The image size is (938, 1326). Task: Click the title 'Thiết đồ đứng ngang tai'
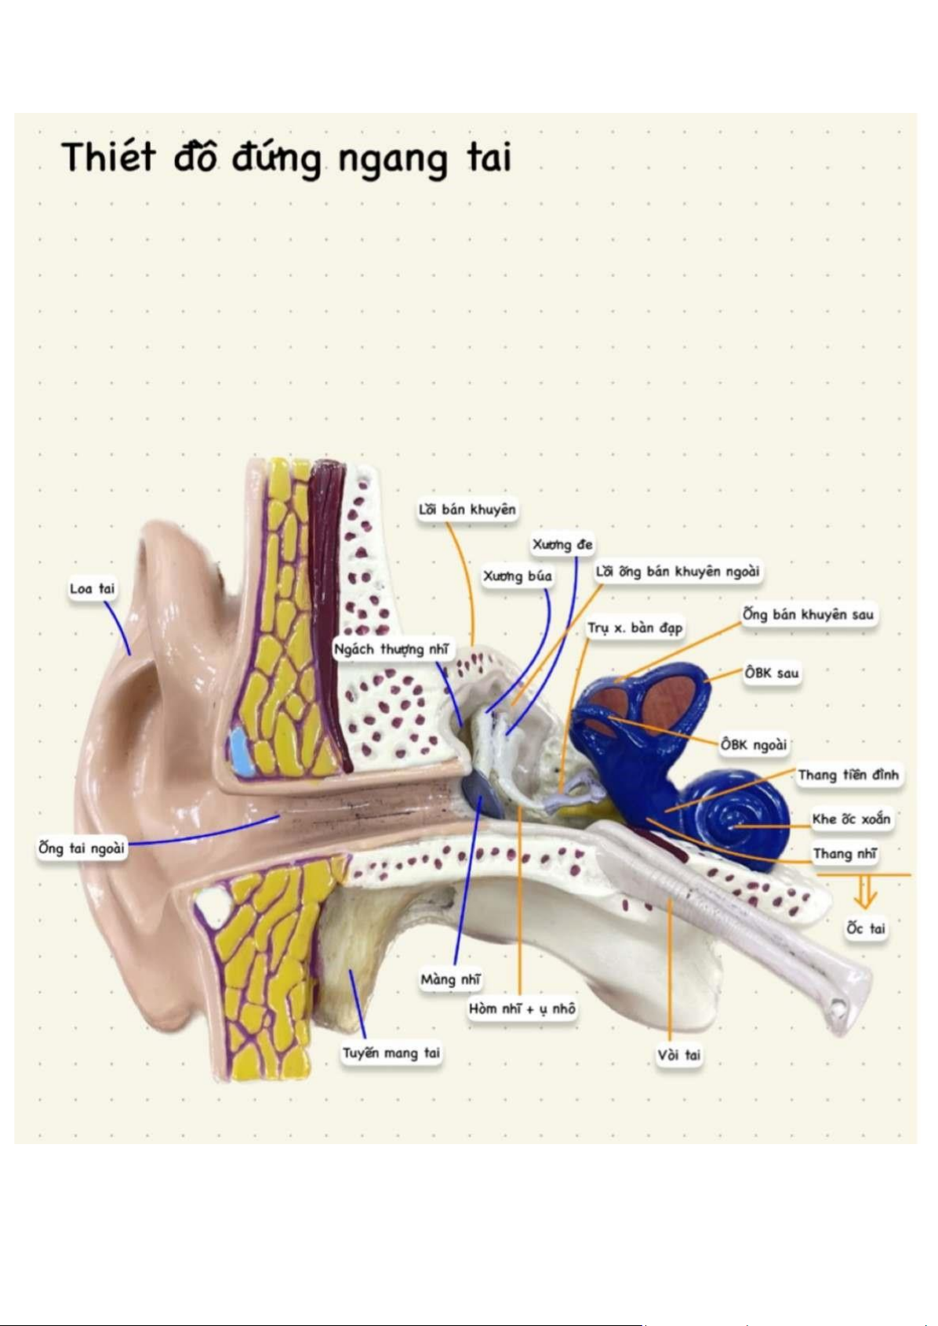[286, 158]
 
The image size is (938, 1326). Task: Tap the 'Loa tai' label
[92, 589]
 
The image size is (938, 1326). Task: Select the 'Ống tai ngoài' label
[82, 848]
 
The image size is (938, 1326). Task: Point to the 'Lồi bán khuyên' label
[467, 510]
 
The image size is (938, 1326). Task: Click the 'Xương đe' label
[562, 544]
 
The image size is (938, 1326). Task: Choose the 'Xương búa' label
[517, 576]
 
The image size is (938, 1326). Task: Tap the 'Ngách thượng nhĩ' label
[391, 649]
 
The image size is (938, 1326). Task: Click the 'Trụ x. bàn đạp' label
[635, 628]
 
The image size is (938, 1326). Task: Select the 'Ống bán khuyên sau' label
[808, 614]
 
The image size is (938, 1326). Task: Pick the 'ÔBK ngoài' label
[754, 744]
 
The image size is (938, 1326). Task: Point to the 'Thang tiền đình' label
[848, 776]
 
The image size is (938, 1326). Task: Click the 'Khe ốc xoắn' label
[851, 819]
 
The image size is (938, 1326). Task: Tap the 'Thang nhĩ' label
[845, 854]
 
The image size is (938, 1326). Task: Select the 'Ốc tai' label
[865, 928]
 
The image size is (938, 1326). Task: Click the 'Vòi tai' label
[679, 1055]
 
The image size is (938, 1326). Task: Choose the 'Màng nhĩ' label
[450, 979]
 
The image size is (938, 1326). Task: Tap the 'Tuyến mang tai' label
[391, 1052]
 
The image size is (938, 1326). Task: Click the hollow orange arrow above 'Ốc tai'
[865, 892]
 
